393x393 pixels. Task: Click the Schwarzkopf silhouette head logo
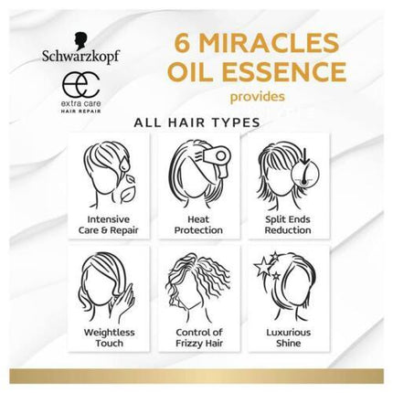(81, 41)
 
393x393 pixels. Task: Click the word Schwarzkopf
(80, 57)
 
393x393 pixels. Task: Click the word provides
(258, 97)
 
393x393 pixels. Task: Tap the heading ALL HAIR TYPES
(197, 122)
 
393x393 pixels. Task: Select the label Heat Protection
(198, 225)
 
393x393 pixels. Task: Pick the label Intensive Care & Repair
(108, 225)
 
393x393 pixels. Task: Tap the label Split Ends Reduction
(288, 225)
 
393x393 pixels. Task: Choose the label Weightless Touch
(109, 337)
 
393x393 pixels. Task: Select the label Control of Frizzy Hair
(199, 337)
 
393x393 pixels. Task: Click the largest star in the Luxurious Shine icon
(261, 266)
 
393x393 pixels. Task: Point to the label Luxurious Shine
(288, 337)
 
